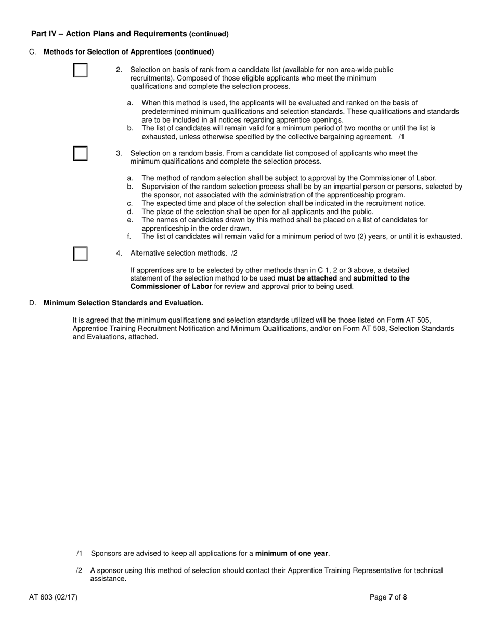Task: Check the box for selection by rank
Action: [x=80, y=70]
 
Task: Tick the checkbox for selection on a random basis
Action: [x=80, y=153]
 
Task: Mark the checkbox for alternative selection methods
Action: [x=80, y=254]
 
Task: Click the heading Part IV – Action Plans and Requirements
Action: [x=109, y=34]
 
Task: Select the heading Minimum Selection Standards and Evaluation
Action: [x=123, y=303]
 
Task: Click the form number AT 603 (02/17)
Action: [x=54, y=597]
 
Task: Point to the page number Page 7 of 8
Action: [x=388, y=597]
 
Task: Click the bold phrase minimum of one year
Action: [x=292, y=553]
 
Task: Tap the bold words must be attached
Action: [x=307, y=278]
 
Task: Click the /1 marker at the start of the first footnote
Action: [x=79, y=553]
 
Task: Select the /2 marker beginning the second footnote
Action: [x=79, y=570]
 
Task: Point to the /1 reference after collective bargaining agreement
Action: [x=401, y=137]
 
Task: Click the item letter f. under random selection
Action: [x=129, y=236]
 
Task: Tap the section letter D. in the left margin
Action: [x=33, y=303]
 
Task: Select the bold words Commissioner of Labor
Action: [x=171, y=286]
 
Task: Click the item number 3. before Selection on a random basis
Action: [x=119, y=153]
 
